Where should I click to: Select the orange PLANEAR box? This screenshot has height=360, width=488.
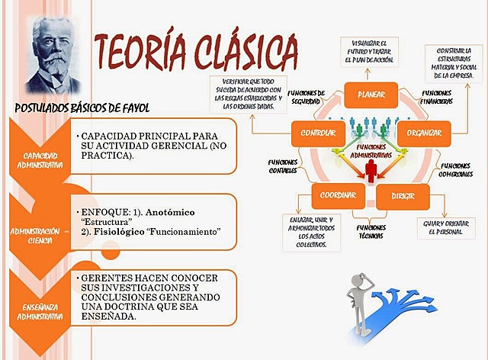point(370,95)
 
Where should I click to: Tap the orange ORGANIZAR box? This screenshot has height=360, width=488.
point(424,133)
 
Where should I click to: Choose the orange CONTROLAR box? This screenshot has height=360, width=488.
point(313,133)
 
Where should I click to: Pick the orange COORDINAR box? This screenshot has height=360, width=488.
point(338,195)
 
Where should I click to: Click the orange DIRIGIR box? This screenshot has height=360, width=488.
point(403,195)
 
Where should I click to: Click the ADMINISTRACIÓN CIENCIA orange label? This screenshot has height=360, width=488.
point(34,235)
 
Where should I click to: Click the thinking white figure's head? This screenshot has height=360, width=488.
point(361,280)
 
